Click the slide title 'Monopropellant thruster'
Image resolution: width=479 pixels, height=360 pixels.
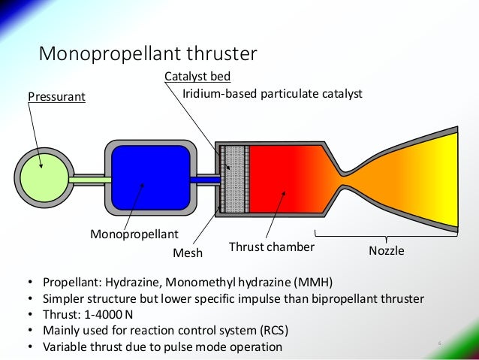tap(148, 54)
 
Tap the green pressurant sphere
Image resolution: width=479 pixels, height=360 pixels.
tap(43, 178)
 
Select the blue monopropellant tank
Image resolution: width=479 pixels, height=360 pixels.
tap(150, 178)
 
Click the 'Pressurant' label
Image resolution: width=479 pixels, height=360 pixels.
tap(56, 97)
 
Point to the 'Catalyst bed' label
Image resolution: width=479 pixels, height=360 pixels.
tap(197, 77)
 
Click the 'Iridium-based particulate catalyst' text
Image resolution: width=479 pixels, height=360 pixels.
tap(273, 95)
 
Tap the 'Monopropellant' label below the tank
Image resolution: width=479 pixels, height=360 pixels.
tap(131, 234)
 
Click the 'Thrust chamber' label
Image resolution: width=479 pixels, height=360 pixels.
tap(271, 247)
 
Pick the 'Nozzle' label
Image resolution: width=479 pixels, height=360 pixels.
tap(386, 251)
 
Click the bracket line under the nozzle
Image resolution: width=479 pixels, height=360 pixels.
tap(387, 235)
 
